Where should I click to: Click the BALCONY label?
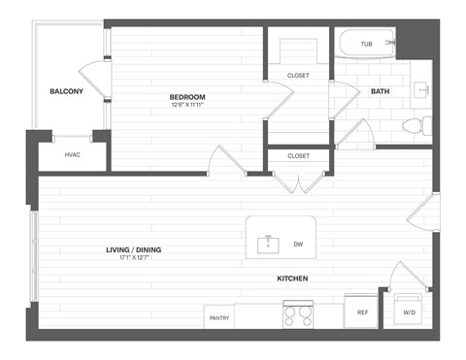click(x=67, y=92)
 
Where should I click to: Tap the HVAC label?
click(x=73, y=154)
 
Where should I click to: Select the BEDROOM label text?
click(x=187, y=97)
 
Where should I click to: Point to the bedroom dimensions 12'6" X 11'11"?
click(x=187, y=106)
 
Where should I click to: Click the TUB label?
click(x=366, y=44)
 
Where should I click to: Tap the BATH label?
click(x=379, y=92)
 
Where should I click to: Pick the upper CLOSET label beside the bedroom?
click(x=298, y=76)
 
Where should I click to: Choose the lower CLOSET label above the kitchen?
click(x=298, y=155)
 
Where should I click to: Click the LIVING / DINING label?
click(x=134, y=250)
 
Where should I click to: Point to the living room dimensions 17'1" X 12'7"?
click(x=134, y=259)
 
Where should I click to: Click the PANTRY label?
click(x=219, y=316)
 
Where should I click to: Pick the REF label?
click(x=362, y=312)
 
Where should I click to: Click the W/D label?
click(x=410, y=312)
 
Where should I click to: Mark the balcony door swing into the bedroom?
click(x=95, y=76)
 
